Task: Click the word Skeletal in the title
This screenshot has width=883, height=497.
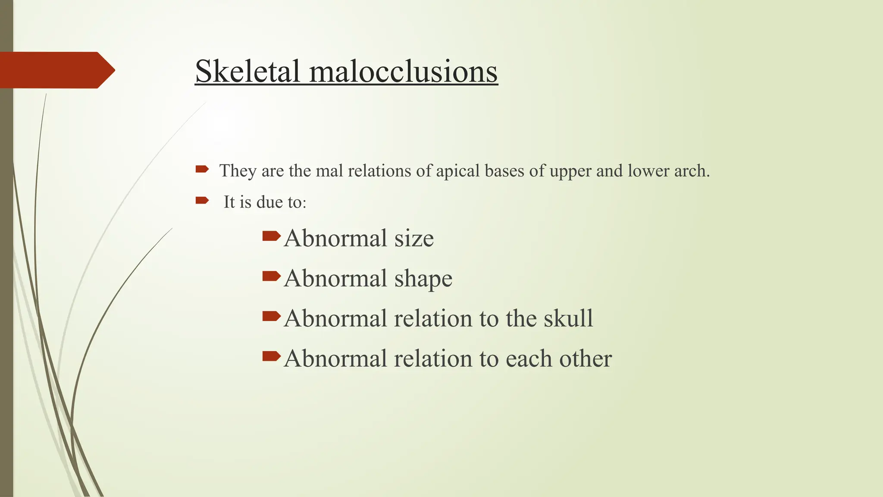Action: point(247,71)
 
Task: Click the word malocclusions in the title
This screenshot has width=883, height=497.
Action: point(404,71)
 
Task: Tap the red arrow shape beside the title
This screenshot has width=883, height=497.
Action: point(56,70)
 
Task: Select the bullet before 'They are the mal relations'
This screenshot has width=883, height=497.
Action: point(202,169)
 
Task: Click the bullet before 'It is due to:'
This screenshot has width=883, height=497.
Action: point(202,200)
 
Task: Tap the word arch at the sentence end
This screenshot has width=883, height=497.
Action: point(692,171)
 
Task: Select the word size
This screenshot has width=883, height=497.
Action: point(413,238)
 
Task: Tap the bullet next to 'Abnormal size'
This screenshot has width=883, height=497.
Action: point(271,236)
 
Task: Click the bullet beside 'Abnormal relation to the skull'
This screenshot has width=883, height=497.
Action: point(271,316)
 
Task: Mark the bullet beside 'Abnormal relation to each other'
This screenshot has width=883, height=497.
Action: point(271,356)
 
